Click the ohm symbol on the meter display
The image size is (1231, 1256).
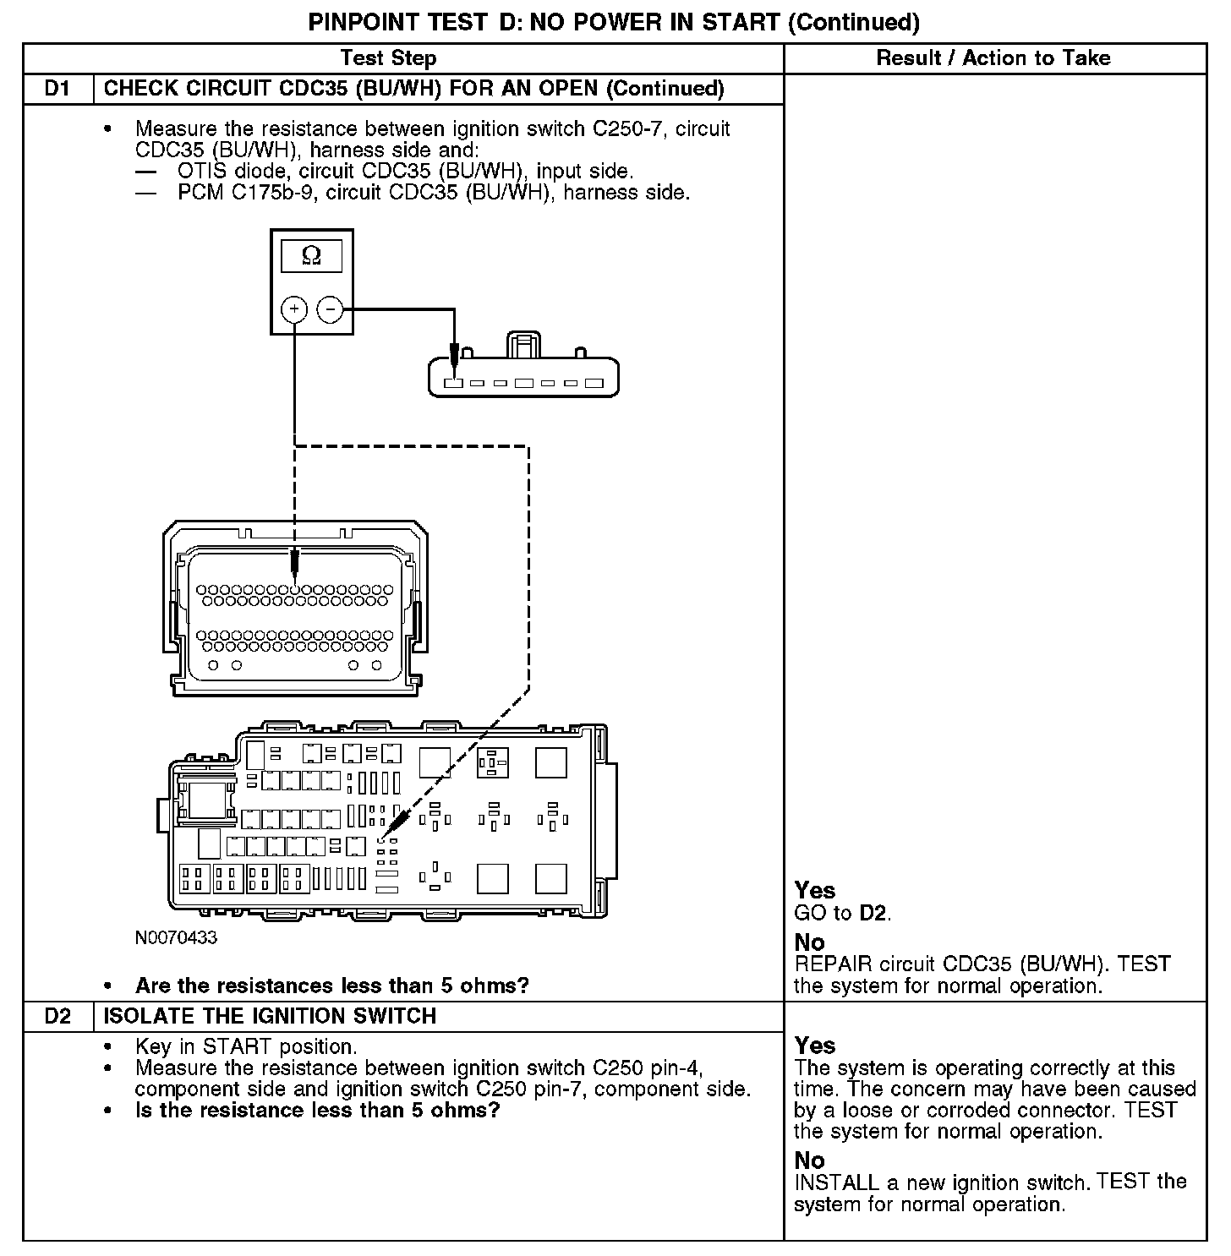(x=311, y=255)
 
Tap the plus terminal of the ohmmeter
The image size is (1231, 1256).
(x=293, y=309)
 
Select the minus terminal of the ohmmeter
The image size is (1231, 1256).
(x=330, y=309)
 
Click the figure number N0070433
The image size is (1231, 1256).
(x=176, y=937)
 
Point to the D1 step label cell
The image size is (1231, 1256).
(x=57, y=89)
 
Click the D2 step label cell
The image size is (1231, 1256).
(x=57, y=1016)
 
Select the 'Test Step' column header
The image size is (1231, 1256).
(x=388, y=58)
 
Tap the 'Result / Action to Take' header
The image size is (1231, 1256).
(x=993, y=58)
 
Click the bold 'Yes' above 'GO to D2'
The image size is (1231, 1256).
(x=815, y=890)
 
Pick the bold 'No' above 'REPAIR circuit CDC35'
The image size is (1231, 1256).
(x=809, y=942)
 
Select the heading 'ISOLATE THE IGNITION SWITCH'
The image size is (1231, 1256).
(x=270, y=1016)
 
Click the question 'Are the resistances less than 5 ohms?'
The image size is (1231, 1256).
(x=331, y=986)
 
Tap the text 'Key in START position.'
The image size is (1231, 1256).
(x=246, y=1046)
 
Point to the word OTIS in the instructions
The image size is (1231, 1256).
(x=200, y=172)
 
